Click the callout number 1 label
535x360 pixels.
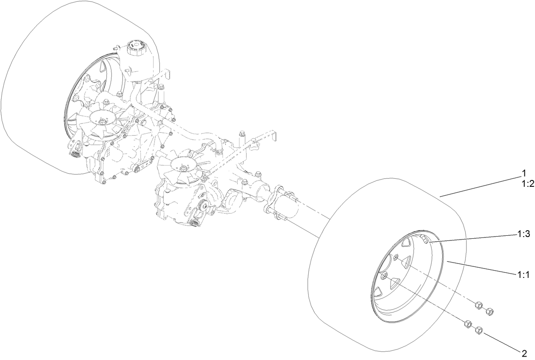[x=524, y=173]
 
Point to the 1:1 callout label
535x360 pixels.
[x=523, y=275]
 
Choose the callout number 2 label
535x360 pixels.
[x=524, y=353]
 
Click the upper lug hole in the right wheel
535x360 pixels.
[x=396, y=257]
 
